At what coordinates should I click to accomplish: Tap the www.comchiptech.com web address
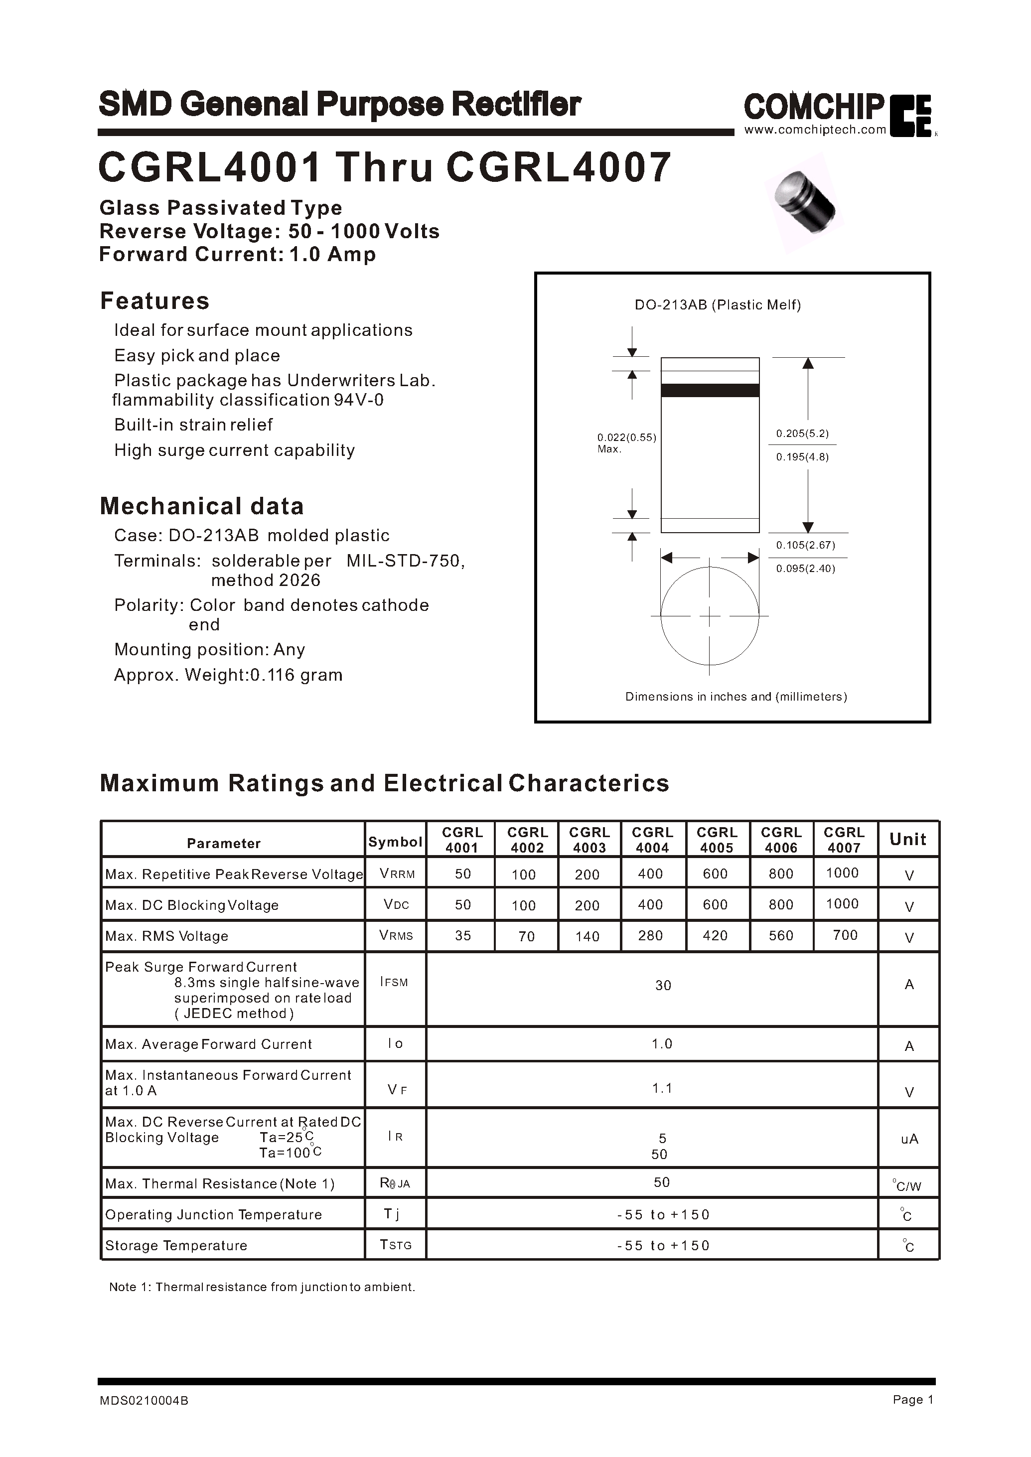coord(815,130)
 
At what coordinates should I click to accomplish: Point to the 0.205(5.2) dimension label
coord(802,434)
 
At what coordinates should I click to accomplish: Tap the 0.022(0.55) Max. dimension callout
coord(626,442)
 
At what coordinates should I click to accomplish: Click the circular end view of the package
coord(710,615)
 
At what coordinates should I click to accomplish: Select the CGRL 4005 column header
coord(717,839)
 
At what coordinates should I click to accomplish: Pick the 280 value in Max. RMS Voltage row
coord(650,935)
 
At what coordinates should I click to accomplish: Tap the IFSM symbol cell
coord(394,982)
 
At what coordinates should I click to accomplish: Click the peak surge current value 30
coord(663,985)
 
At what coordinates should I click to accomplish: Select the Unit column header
coord(908,839)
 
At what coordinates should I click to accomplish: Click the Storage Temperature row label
coord(176,1246)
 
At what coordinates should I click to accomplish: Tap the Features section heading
coord(154,301)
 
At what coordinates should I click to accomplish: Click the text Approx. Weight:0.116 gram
coord(228,675)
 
